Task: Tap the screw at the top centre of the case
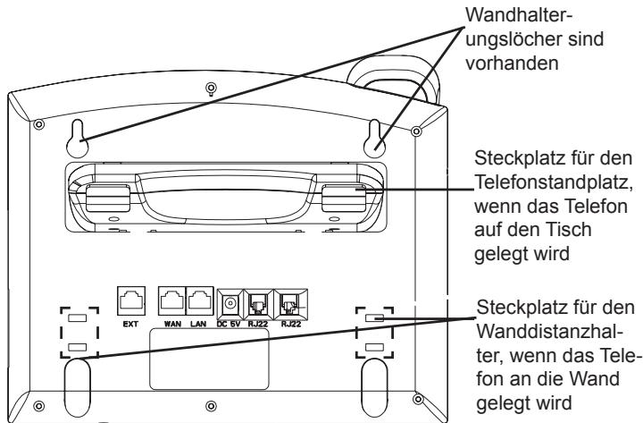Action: click(209, 88)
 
